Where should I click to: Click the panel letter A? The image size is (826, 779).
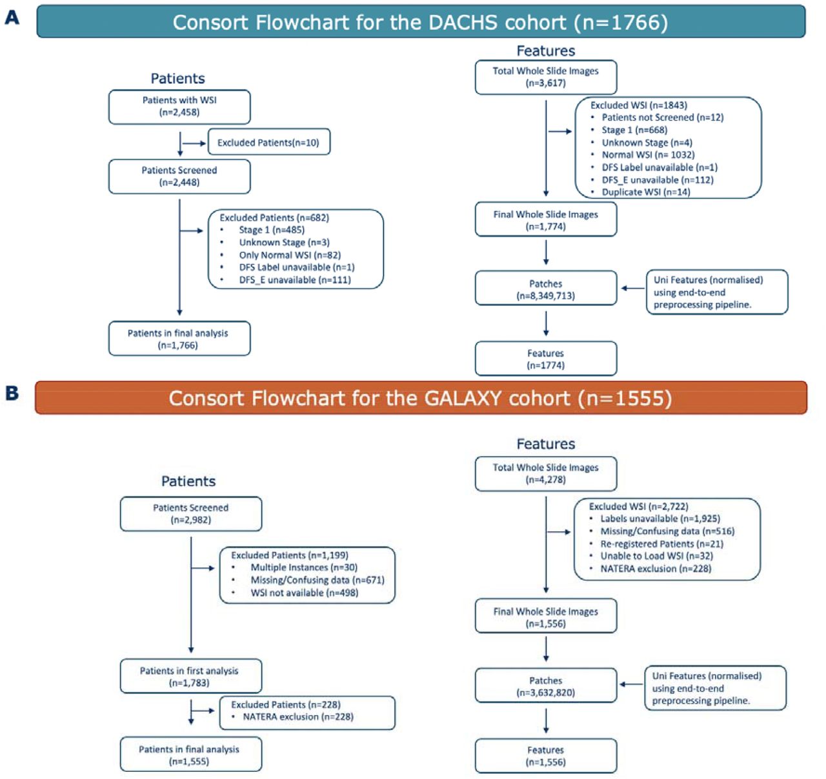12,18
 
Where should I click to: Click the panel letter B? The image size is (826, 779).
12,393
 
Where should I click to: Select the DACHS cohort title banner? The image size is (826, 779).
421,22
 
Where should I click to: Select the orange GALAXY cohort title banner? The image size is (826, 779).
421,398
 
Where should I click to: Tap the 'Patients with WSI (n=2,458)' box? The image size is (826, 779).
179,107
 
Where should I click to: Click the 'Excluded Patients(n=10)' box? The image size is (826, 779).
269,142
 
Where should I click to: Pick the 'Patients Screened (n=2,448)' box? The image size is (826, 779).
179,177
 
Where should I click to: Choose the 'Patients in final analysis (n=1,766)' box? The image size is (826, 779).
179,339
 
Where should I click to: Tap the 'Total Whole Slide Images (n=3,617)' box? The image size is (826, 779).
546,77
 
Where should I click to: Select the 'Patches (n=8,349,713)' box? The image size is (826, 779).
546,288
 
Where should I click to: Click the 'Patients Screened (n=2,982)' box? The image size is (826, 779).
191,514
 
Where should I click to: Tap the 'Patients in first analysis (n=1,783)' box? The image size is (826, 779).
191,676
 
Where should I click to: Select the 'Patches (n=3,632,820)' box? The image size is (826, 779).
546,685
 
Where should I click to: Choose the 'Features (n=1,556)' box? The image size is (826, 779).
546,756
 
